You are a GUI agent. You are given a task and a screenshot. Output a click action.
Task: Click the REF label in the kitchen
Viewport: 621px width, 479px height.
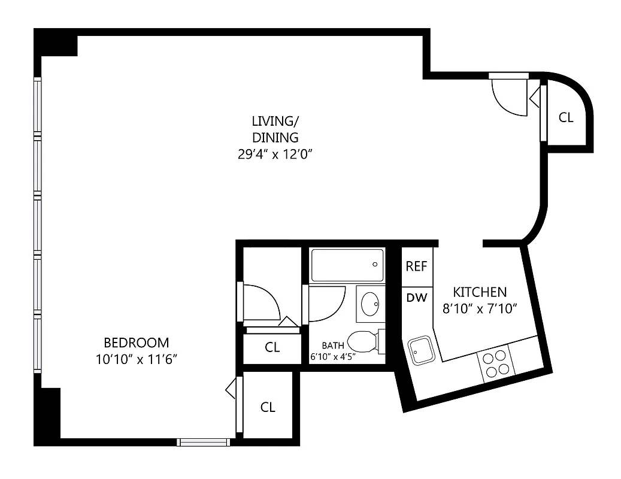[416, 266]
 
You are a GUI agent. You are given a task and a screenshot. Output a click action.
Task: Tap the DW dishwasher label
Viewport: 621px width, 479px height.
[416, 297]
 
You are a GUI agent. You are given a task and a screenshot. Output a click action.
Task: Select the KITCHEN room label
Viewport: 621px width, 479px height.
[479, 292]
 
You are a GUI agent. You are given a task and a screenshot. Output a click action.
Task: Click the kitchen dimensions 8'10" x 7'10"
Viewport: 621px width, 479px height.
[479, 309]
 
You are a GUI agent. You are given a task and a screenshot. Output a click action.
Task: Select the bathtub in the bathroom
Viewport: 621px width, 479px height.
[347, 265]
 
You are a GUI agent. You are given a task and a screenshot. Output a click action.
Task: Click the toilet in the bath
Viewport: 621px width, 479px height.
[363, 342]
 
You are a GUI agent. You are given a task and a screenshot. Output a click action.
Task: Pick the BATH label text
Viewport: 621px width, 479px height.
[333, 345]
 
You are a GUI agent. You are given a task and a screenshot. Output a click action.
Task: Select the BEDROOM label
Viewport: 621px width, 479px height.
[137, 343]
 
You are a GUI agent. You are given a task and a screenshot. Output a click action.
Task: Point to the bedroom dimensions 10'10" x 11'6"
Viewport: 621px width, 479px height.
[137, 359]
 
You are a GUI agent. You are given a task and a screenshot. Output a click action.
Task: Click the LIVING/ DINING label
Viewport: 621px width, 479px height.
[275, 129]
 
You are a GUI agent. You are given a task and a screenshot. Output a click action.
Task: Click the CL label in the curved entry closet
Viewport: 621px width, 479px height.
[566, 117]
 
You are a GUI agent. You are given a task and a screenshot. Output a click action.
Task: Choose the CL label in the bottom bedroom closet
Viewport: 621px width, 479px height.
[268, 407]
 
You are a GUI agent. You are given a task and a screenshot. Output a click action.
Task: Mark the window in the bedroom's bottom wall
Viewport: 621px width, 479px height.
[204, 442]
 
